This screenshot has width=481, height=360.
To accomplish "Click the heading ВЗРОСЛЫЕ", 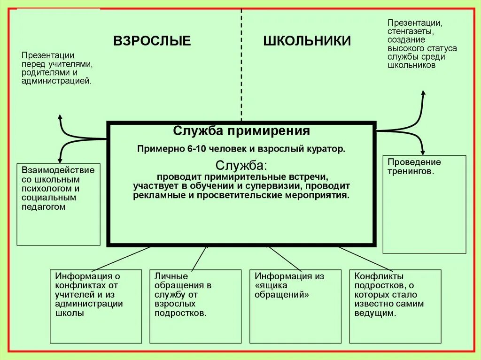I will point(152,41).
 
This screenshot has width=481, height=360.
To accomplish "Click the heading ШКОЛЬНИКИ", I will point(307,41).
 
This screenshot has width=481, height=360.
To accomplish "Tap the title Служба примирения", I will point(241,130).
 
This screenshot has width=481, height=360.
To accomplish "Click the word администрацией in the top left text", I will point(56,81).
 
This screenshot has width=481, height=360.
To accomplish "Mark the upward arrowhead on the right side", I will point(423,93).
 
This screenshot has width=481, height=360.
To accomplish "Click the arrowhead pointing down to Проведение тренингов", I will point(423,152).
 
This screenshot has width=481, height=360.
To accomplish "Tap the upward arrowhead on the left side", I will point(59,116).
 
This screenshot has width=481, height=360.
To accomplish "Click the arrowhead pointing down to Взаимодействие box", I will point(59,160).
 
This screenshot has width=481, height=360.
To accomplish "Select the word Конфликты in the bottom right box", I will point(372,276).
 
